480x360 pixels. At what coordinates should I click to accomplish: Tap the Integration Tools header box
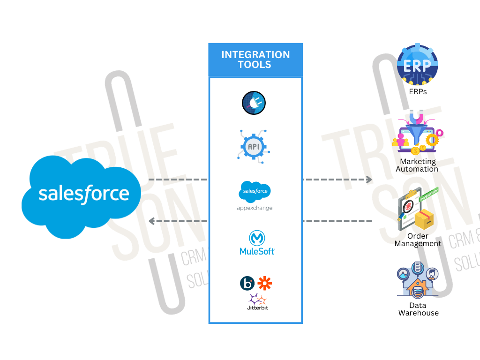(x=255, y=60)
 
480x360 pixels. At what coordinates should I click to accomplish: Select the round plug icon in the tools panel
(x=254, y=103)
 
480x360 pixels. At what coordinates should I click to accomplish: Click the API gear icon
(x=254, y=147)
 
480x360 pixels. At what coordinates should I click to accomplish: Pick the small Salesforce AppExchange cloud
(x=255, y=191)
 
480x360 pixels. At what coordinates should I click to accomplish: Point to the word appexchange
(x=255, y=208)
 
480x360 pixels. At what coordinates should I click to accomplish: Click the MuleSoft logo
(x=256, y=243)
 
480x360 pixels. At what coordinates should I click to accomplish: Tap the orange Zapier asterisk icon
(x=265, y=283)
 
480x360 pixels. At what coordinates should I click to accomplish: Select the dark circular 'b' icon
(x=247, y=284)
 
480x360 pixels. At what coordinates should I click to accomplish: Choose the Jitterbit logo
(x=257, y=302)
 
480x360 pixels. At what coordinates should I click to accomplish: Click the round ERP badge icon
(x=417, y=65)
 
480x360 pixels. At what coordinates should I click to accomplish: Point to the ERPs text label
(x=418, y=92)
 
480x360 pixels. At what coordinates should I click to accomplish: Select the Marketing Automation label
(x=417, y=165)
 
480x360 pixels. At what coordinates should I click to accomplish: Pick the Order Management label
(x=418, y=240)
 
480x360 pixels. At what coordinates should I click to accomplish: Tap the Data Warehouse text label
(x=418, y=309)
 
